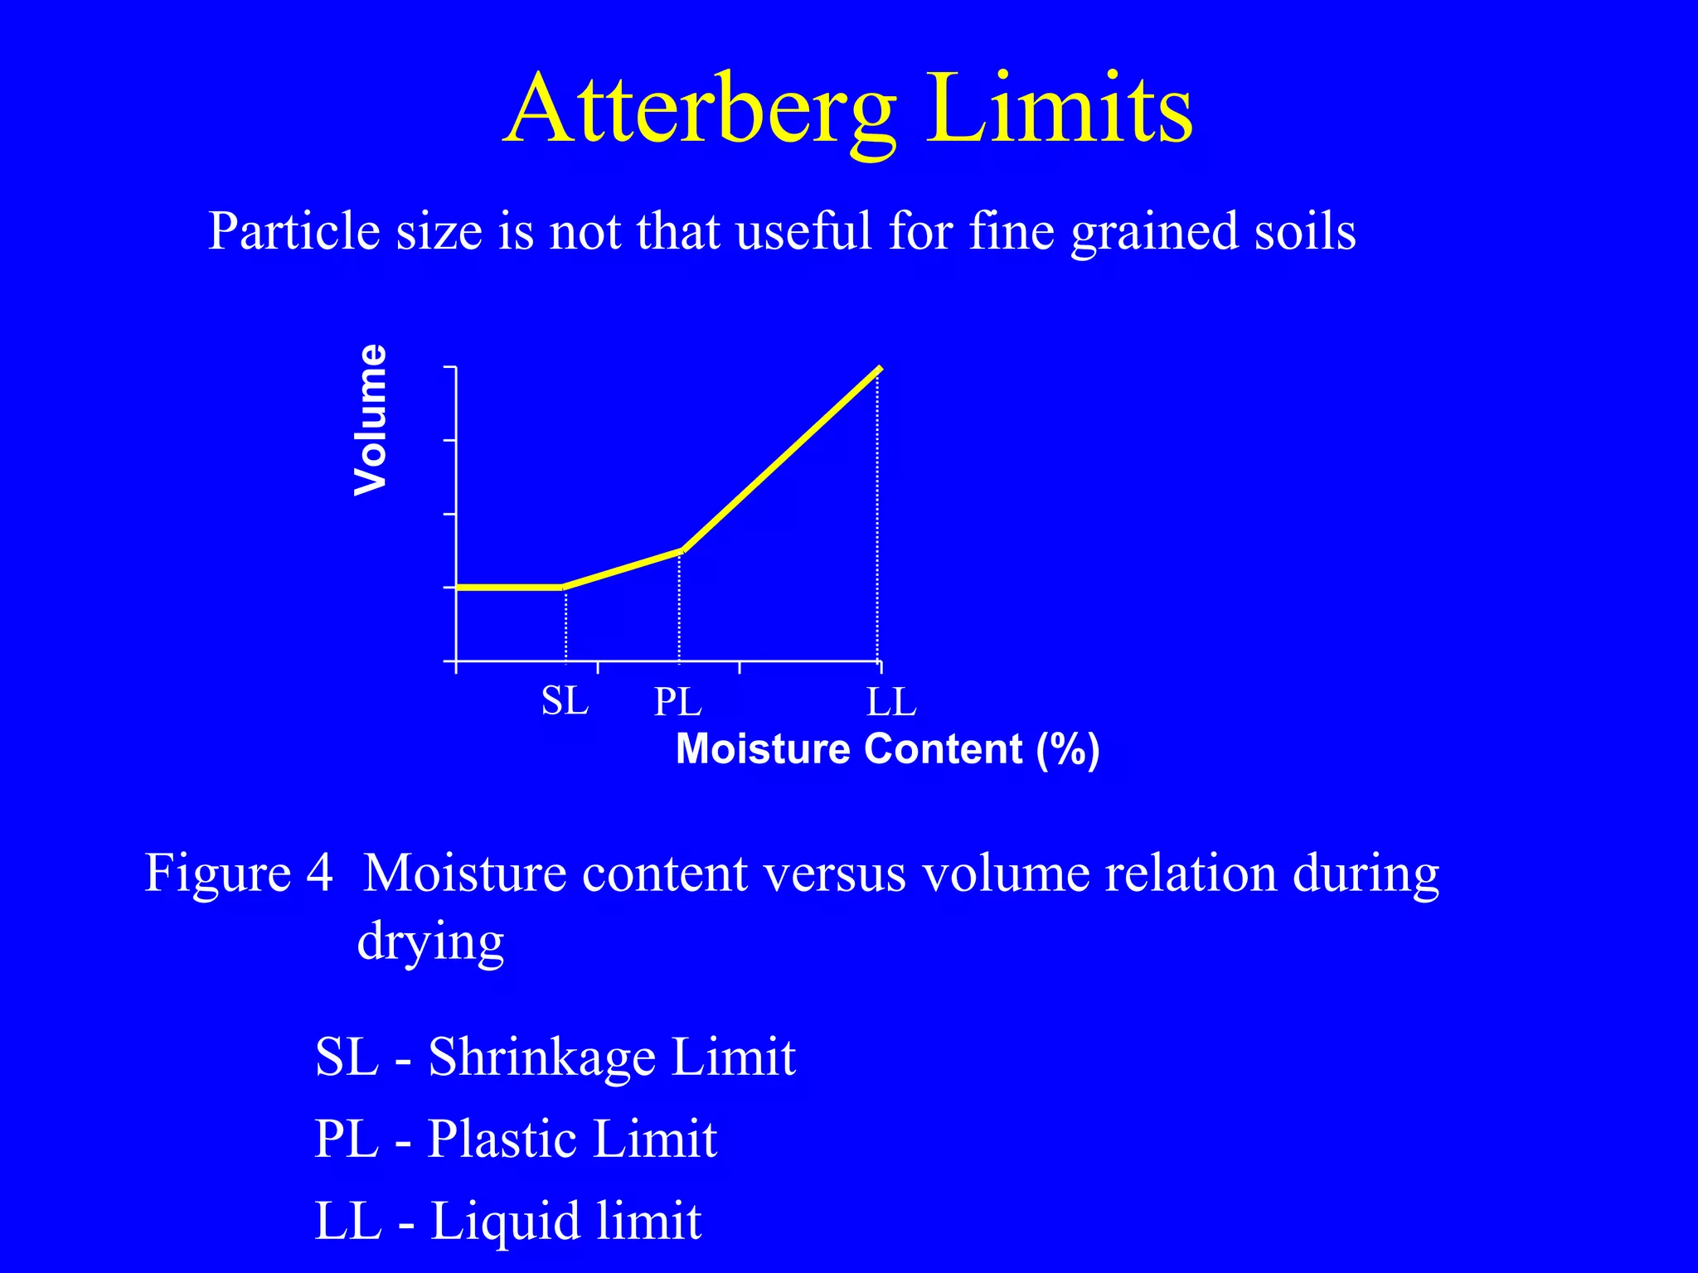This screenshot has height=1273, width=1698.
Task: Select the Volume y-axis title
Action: tap(370, 420)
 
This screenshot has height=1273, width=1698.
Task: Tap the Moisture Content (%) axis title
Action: tap(887, 749)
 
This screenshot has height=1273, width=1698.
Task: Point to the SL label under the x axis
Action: tap(565, 701)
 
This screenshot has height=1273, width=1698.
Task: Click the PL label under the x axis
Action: tap(677, 703)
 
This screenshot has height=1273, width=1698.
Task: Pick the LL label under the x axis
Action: tap(891, 703)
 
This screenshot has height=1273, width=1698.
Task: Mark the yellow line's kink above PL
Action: tap(681, 550)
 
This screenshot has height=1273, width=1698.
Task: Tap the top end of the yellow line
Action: tap(879, 369)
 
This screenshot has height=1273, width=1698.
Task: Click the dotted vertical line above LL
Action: tap(878, 514)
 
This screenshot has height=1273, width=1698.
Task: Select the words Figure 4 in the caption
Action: tap(239, 873)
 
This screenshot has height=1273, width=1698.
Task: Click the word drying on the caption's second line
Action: tap(430, 942)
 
